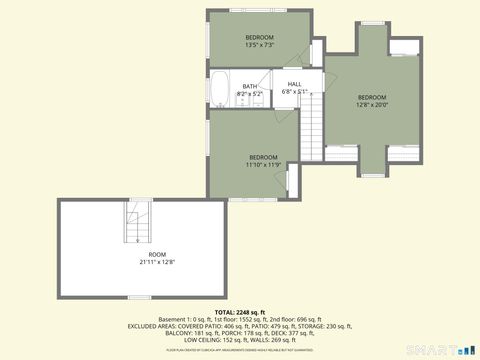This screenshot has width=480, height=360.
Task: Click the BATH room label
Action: click(x=249, y=86)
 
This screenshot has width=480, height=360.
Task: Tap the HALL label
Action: click(x=294, y=84)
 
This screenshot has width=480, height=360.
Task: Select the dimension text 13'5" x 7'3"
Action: click(x=259, y=45)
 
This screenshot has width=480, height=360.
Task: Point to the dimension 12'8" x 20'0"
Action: click(x=372, y=104)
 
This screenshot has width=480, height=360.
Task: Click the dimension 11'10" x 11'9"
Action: click(x=263, y=165)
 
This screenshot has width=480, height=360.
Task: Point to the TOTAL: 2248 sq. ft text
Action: click(x=241, y=311)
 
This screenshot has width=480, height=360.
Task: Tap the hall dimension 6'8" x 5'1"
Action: click(x=294, y=91)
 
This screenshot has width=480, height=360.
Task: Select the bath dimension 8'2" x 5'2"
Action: click(x=249, y=93)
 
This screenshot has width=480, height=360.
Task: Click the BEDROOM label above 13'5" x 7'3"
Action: click(x=259, y=38)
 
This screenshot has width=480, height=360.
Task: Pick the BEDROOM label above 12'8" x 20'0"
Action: click(x=372, y=97)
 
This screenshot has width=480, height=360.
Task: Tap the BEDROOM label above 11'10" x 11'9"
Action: click(x=263, y=157)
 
